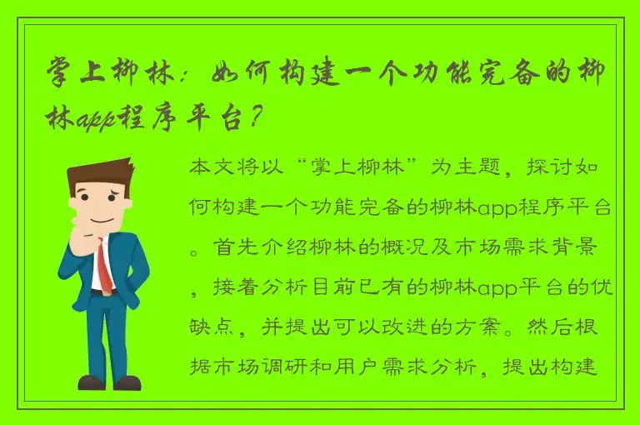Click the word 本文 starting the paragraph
[212, 167]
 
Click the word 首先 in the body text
[230, 248]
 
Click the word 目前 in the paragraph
[327, 288]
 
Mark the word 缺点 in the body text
[212, 328]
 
